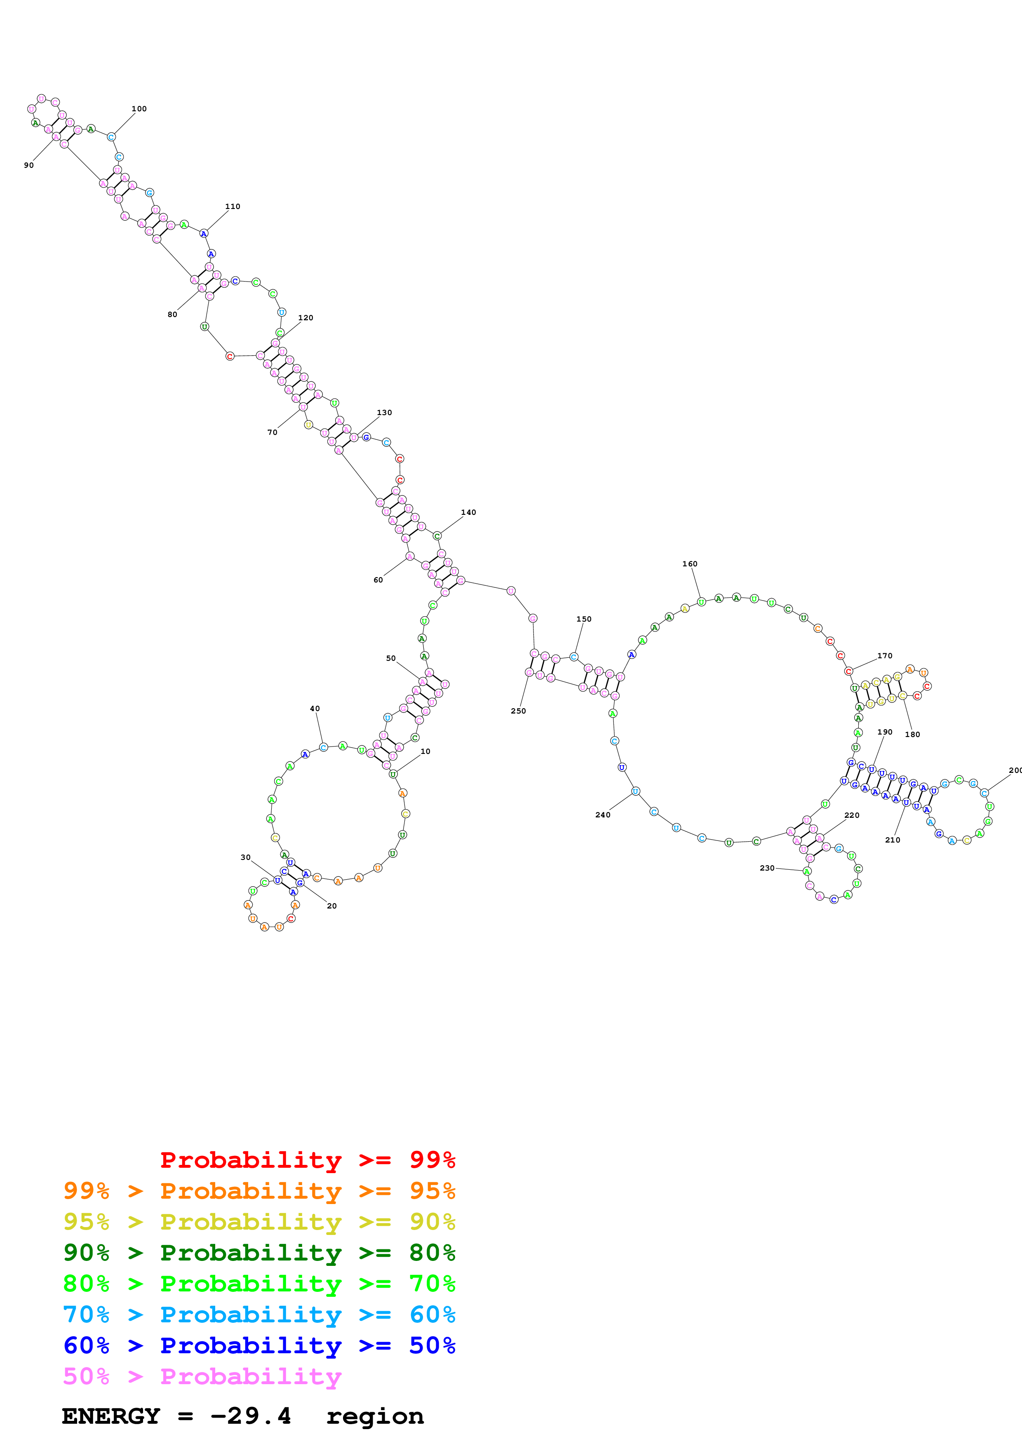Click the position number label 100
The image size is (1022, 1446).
139,109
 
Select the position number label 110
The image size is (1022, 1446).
233,207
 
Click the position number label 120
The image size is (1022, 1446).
305,318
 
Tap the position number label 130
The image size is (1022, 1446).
384,413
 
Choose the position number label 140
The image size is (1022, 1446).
468,513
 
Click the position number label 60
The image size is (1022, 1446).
378,580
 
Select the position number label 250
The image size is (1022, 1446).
518,711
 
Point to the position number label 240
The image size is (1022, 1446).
603,815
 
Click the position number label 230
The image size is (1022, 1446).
767,868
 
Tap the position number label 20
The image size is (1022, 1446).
332,906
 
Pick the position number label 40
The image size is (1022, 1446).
315,709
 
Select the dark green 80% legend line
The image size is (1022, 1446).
259,1253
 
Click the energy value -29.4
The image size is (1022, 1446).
251,1416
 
